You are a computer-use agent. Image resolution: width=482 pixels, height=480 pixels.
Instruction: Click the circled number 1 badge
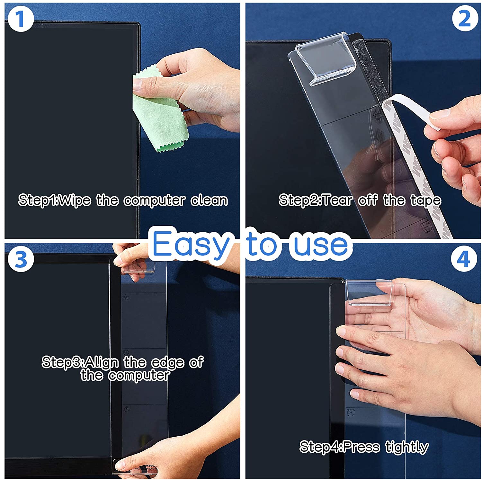click(21, 19)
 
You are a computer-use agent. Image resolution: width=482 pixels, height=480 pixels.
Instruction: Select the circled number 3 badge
click(21, 259)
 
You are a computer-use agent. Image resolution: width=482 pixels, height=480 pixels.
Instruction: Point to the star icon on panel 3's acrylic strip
click(126, 297)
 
